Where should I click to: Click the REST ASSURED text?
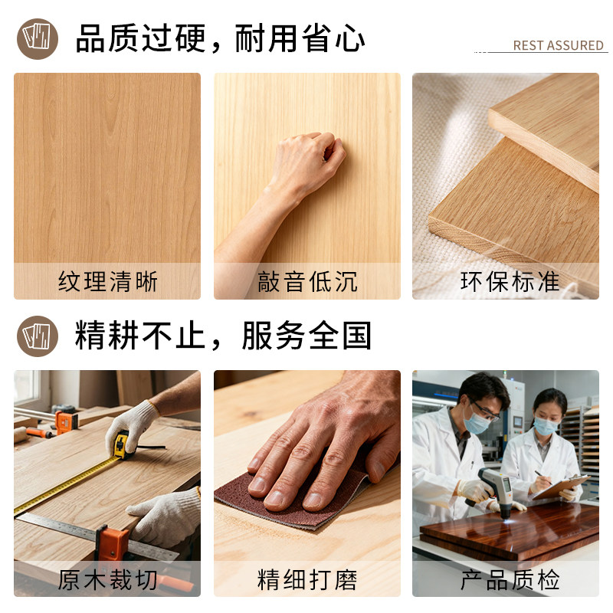(x=558, y=45)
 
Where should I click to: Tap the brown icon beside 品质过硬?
(x=38, y=39)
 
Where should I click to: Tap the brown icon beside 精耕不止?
(x=38, y=336)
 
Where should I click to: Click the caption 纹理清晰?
(x=107, y=281)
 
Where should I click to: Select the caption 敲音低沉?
(x=307, y=281)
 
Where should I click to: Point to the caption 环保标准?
(x=510, y=281)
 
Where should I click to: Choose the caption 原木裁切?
(x=107, y=579)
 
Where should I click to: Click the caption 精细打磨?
(x=307, y=579)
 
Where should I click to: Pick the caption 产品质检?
(x=510, y=579)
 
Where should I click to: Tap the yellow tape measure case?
(x=122, y=444)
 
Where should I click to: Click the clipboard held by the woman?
(x=562, y=487)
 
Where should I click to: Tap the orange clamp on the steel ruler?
(x=110, y=543)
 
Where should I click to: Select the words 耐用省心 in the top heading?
(x=300, y=38)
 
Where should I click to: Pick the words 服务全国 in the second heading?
(x=306, y=336)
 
